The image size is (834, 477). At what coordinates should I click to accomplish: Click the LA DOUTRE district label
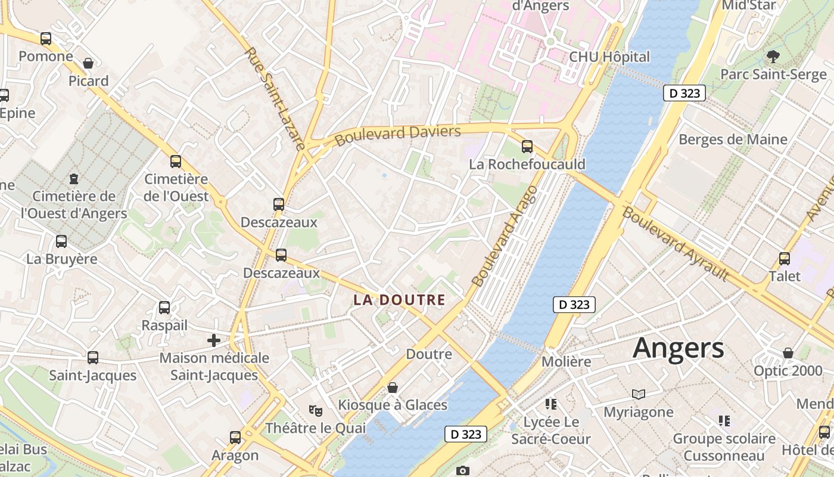point(399,300)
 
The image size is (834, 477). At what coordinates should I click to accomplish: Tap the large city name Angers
point(679,348)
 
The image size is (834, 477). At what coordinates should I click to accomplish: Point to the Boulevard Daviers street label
point(397,135)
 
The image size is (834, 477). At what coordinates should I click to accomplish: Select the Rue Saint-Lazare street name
point(275,98)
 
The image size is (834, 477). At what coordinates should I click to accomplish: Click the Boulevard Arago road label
point(504,236)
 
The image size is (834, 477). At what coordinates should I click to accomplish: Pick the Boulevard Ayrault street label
point(676,243)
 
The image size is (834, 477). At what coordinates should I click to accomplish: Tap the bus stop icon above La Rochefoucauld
point(527,146)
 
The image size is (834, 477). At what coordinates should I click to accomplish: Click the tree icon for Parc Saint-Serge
point(773,57)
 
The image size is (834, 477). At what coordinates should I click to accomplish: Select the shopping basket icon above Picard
point(88,63)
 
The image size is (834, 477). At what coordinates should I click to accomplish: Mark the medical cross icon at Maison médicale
point(213,340)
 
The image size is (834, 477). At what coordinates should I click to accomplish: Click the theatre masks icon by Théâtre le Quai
point(315,410)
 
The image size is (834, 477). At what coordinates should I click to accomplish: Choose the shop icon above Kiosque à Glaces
point(393,388)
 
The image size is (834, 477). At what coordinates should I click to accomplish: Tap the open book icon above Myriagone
point(639,394)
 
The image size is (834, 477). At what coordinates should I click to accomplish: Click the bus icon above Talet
point(785,259)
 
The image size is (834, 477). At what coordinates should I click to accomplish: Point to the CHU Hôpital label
point(609,57)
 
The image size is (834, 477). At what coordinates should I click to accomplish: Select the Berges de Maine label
point(733,140)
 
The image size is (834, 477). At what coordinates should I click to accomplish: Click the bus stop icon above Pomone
point(46,39)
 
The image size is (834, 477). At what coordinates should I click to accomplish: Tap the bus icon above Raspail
point(164,308)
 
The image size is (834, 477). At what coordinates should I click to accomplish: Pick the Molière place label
point(566,361)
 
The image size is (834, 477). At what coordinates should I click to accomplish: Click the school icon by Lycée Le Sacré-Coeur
point(551,404)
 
